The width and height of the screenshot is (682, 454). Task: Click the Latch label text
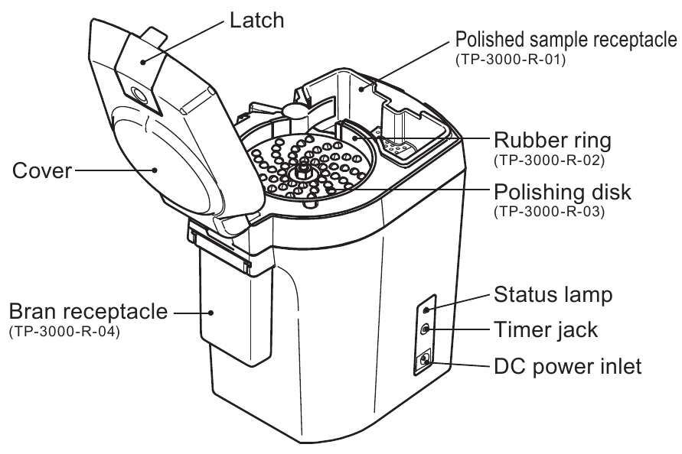[x=255, y=21]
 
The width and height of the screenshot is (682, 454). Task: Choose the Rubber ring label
[x=563, y=141]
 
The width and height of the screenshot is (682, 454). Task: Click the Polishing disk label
[x=563, y=192]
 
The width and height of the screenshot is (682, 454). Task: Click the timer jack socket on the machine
[x=426, y=329]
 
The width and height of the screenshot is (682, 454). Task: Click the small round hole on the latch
[x=139, y=95]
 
